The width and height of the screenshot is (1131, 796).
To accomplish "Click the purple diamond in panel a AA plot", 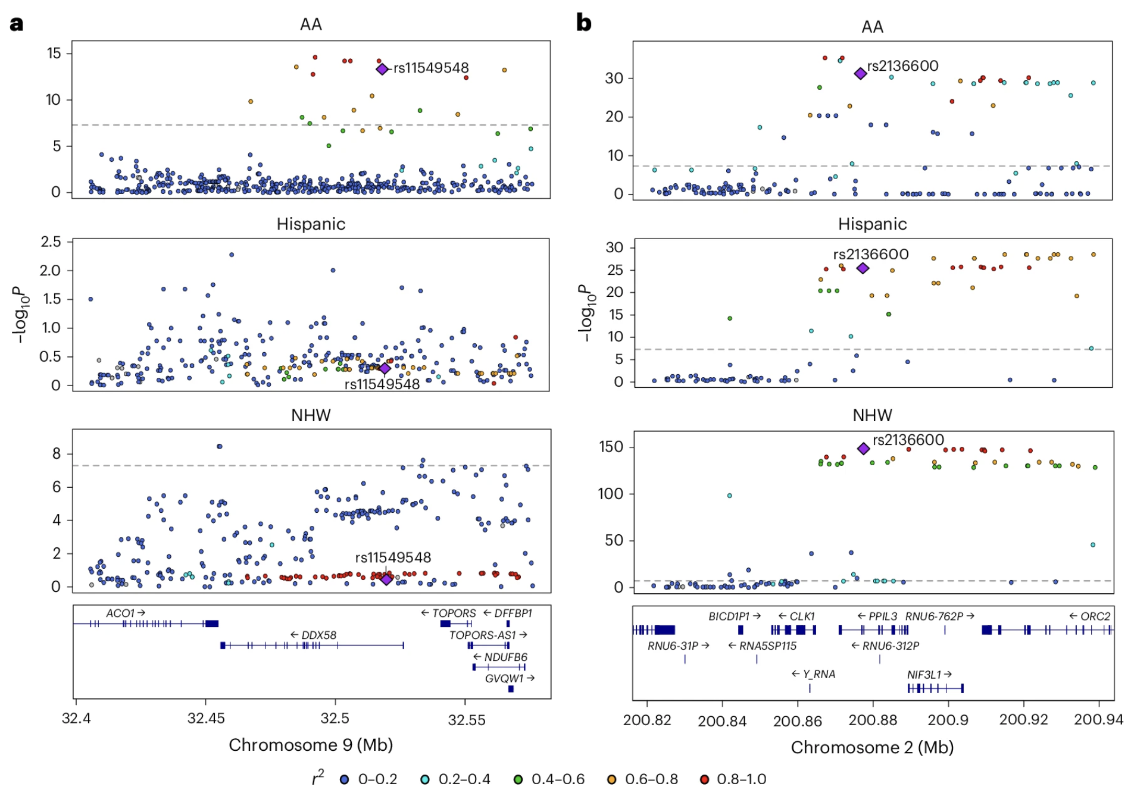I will [382, 69].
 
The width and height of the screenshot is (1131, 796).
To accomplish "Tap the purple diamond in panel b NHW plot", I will [863, 449].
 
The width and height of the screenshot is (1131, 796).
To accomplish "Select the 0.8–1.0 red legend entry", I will [734, 779].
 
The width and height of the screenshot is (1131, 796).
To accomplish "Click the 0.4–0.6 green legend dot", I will [518, 779].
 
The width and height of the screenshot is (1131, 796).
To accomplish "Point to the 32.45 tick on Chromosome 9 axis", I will [206, 719].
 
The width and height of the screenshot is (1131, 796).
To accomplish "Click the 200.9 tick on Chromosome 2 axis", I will [948, 720].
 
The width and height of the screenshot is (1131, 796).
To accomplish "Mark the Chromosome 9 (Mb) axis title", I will [311, 745].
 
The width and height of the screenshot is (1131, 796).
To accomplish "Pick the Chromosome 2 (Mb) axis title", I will [872, 747].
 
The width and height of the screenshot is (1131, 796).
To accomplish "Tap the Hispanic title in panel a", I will [311, 224].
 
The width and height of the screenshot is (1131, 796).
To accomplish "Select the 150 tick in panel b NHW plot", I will [611, 447].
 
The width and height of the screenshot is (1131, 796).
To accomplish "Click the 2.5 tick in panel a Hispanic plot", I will [51, 242].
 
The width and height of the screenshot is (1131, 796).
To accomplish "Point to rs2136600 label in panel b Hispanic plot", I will [870, 255].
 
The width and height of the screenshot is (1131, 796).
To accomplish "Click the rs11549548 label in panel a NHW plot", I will [393, 557].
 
